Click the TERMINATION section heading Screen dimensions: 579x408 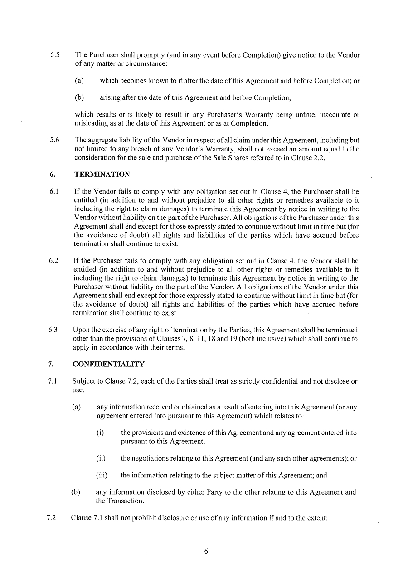pyautogui.click(x=102, y=175)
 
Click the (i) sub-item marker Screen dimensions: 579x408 pyautogui.click(x=100, y=433)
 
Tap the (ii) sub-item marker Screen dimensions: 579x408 pyautogui.click(x=101, y=458)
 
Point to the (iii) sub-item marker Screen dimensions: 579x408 pyautogui.click(x=102, y=476)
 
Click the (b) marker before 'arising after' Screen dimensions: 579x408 pyautogui.click(x=79, y=97)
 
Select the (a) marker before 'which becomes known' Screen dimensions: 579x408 pyautogui.click(x=79, y=81)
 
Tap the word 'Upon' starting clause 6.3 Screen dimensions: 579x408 pyautogui.click(x=81, y=330)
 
